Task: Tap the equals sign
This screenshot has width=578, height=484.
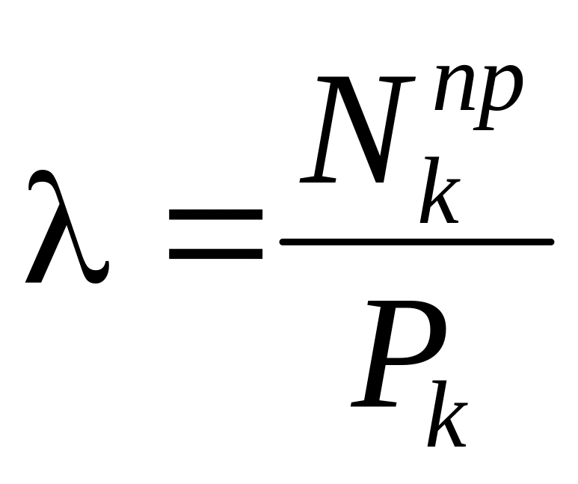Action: [215, 234]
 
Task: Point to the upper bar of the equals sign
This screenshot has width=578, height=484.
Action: [215, 215]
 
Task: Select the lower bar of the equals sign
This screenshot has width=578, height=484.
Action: [215, 254]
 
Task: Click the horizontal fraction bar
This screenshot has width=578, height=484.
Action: [417, 242]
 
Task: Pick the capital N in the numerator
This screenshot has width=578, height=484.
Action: [357, 129]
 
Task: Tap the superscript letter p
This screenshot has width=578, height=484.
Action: [498, 97]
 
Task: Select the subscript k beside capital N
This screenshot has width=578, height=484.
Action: [440, 190]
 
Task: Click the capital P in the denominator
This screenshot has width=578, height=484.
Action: [398, 353]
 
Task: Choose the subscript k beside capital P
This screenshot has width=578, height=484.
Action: [447, 414]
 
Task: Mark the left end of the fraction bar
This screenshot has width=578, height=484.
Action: [281, 242]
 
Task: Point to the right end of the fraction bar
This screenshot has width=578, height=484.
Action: [552, 242]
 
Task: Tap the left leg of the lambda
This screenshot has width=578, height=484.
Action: [43, 254]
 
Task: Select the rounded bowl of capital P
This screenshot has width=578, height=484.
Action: [424, 332]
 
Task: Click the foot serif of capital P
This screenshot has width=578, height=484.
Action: [373, 404]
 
